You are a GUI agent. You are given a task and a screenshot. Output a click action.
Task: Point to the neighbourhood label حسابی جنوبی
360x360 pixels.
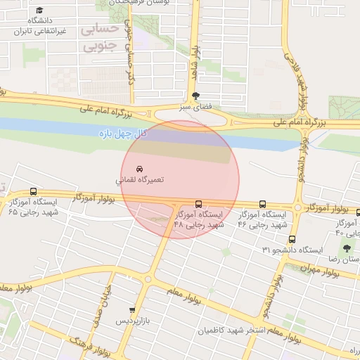pyautogui.click(x=101, y=38)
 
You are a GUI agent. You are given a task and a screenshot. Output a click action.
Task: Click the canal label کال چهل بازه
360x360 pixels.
pyautogui.click(x=121, y=131)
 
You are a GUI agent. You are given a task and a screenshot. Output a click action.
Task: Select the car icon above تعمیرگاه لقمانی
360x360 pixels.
pyautogui.click(x=139, y=169)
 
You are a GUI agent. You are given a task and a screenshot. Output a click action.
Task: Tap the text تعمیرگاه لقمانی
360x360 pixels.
pyautogui.click(x=141, y=181)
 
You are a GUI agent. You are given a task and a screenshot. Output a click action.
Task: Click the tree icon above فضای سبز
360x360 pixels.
pyautogui.click(x=195, y=96)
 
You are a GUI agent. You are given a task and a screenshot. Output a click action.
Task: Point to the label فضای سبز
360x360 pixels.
pyautogui.click(x=195, y=108)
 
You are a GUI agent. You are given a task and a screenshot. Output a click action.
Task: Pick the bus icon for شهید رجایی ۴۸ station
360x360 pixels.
pyautogui.click(x=198, y=203)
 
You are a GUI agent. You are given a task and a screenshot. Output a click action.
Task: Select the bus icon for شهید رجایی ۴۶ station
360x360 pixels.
pyautogui.click(x=263, y=203)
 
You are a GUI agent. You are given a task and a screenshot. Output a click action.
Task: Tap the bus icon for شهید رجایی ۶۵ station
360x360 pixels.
pyautogui.click(x=34, y=191)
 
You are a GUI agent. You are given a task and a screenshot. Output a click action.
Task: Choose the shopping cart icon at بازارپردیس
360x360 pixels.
pyautogui.click(x=132, y=310)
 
